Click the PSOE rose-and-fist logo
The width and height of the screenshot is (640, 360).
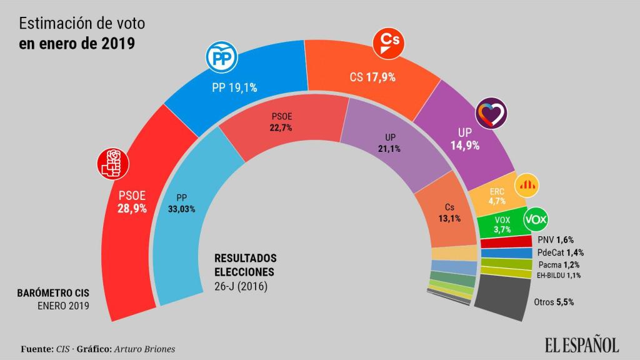click(113, 164)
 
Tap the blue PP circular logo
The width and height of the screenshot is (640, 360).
click(219, 58)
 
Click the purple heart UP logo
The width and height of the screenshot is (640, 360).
click(491, 114)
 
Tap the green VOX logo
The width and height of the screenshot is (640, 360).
click(535, 219)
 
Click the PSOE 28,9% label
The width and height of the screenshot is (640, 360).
click(132, 202)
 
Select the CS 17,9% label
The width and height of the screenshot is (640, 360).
click(372, 77)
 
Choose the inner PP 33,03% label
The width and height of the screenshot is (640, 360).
click(182, 204)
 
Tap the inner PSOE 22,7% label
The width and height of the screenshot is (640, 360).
click(282, 121)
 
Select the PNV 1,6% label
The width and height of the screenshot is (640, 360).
click(555, 240)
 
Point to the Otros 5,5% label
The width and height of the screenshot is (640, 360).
click(554, 301)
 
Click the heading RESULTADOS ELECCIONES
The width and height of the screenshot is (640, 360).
click(245, 265)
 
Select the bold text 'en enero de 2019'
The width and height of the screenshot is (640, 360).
click(77, 44)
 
